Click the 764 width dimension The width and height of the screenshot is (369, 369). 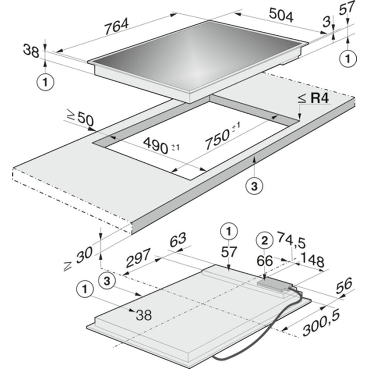[x=117, y=26]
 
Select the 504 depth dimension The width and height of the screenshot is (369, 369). [x=281, y=15]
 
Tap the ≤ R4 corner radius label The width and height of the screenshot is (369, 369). [x=313, y=98]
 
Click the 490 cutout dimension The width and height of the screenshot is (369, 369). [x=161, y=146]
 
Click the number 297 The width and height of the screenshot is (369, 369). [x=138, y=258]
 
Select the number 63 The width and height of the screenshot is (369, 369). [x=178, y=240]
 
